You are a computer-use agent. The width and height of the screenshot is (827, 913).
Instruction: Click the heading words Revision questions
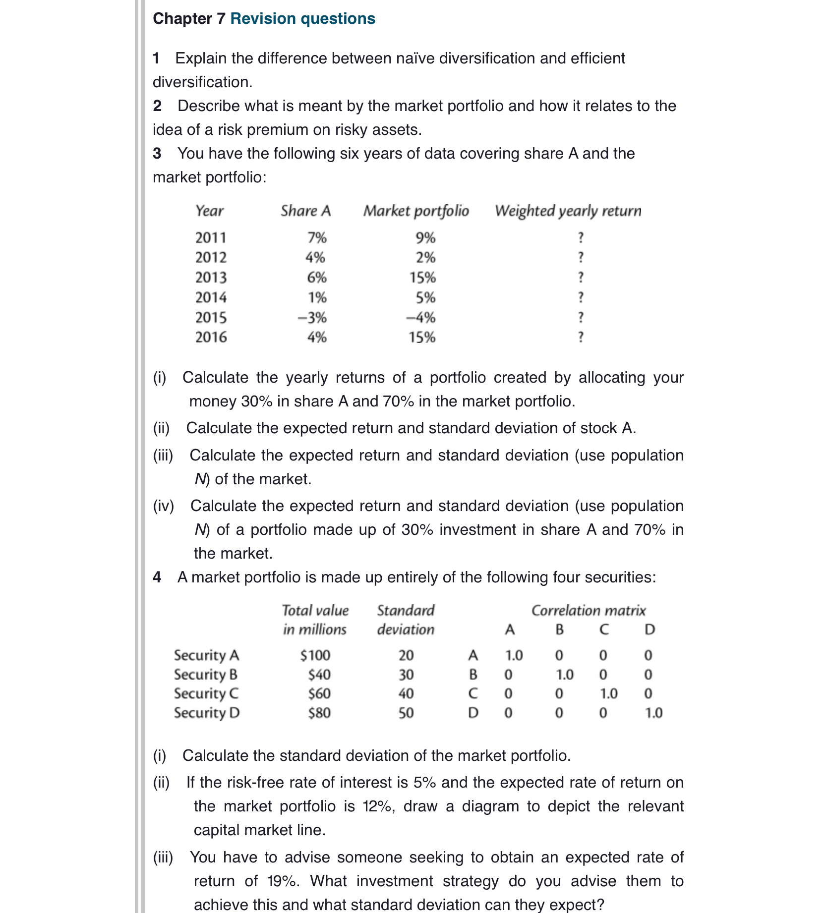point(302,18)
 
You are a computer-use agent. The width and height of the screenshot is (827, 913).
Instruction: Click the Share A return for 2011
point(317,238)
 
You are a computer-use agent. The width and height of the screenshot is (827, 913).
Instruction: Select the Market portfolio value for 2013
point(422,278)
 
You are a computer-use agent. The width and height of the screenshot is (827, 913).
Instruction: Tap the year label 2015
point(211,317)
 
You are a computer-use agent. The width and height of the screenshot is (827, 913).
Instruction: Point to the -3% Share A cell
point(312,317)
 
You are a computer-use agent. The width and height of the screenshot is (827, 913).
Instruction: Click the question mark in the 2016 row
point(581,337)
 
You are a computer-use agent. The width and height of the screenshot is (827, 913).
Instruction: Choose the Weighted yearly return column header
point(568,211)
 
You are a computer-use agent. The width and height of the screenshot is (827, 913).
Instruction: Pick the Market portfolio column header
point(416,211)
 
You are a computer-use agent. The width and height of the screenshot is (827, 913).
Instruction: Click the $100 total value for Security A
point(315,655)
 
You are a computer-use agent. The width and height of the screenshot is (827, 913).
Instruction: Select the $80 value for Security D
point(319,713)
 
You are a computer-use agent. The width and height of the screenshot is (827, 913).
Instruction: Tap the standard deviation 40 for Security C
point(406,693)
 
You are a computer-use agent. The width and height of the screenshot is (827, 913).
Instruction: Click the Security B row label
point(206,675)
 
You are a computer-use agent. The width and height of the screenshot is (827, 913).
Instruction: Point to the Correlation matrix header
point(589,610)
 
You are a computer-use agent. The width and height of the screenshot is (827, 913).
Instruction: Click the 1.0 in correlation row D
point(653,713)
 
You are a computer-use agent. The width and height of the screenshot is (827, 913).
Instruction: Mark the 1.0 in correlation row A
point(514,655)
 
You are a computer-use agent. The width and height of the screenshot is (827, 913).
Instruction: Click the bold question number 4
point(157,577)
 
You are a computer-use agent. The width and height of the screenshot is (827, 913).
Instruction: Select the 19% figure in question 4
point(283,881)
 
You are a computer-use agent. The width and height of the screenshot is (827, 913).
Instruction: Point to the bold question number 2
point(157,106)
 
